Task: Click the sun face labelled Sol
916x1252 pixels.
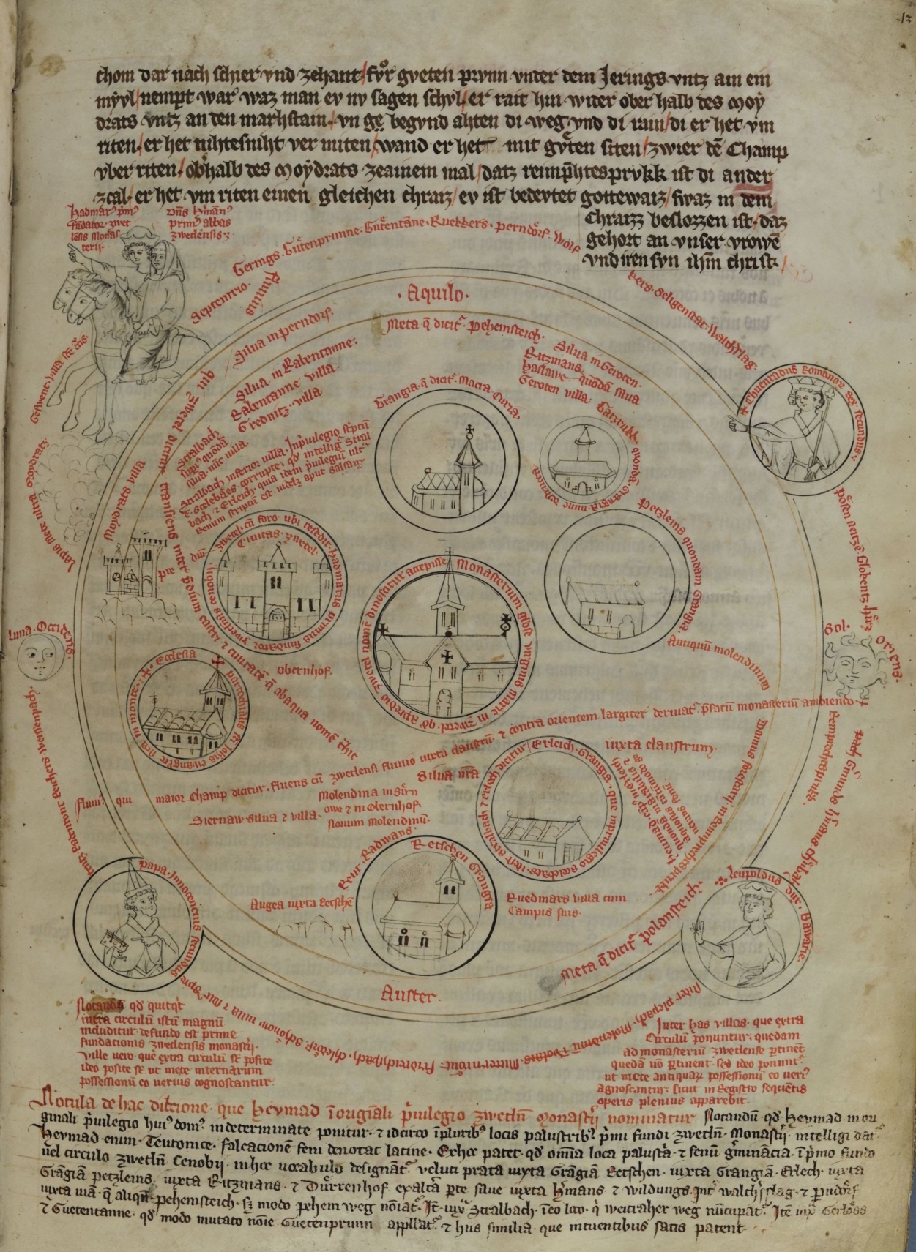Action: coord(849,664)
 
